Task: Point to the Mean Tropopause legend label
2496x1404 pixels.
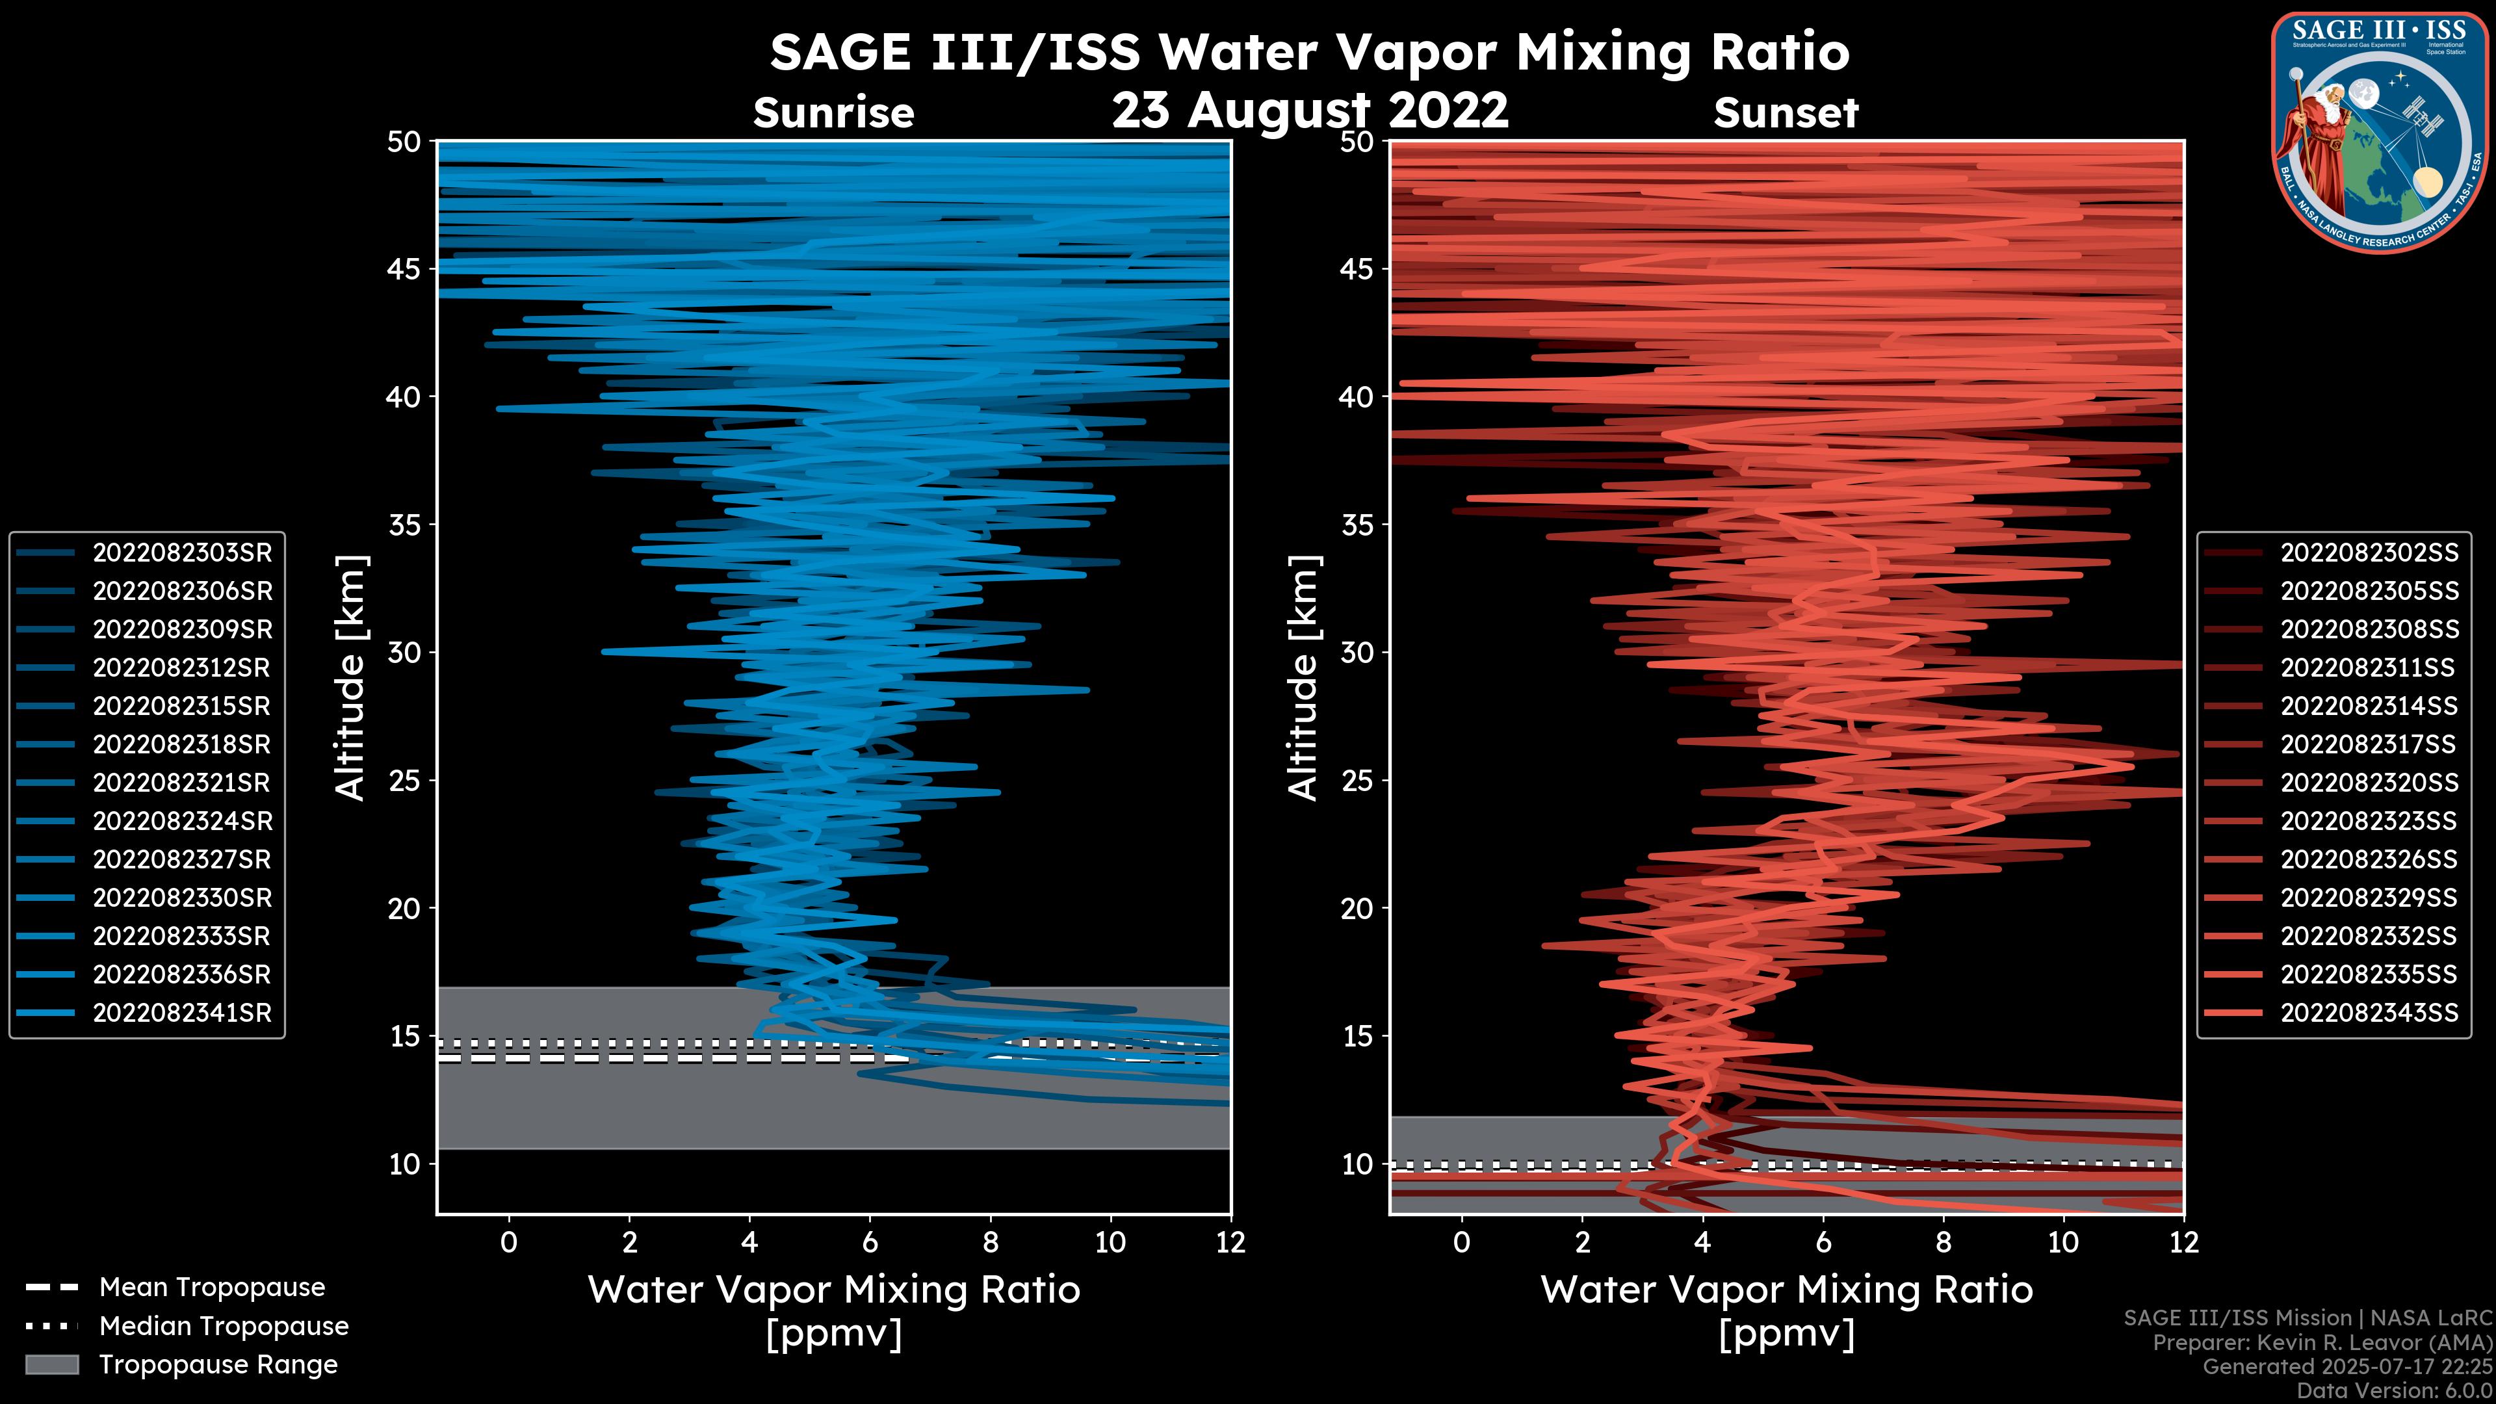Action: point(212,1288)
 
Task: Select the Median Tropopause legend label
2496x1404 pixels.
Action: point(224,1327)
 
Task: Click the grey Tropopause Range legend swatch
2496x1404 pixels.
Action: point(51,1364)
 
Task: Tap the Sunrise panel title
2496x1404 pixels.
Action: point(833,113)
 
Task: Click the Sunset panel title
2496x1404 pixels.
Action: point(1786,113)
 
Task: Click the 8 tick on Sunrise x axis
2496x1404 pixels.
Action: point(990,1242)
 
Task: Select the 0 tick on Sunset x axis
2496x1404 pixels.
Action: point(1462,1242)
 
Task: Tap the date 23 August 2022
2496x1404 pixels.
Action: point(1310,110)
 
